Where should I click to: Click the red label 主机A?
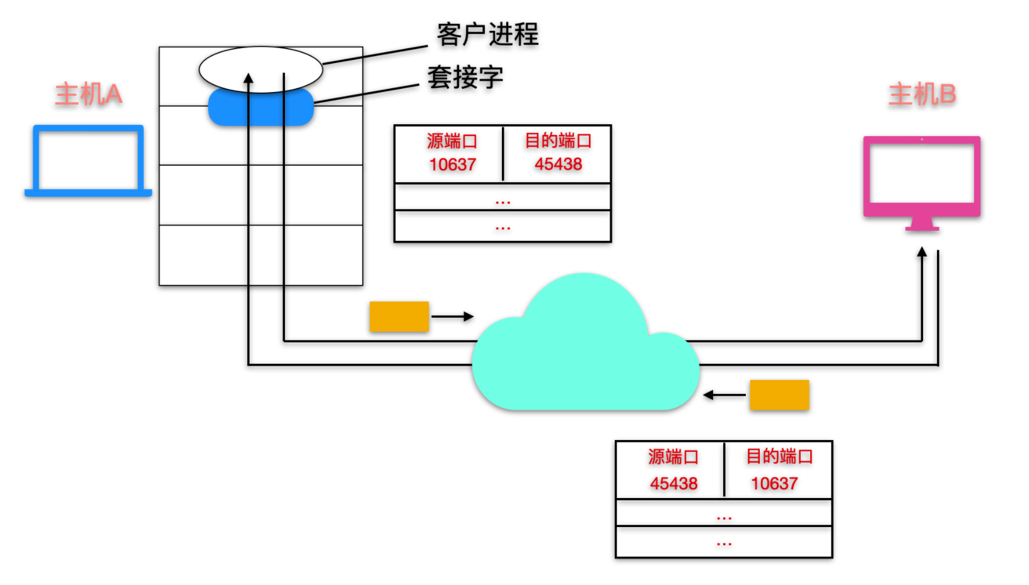coord(88,95)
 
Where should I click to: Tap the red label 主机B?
coord(922,95)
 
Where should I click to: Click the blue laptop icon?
coord(88,161)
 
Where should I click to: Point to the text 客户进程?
coord(487,35)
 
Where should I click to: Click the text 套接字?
coord(465,78)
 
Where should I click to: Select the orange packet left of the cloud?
coord(399,316)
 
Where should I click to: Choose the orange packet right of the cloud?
coord(779,395)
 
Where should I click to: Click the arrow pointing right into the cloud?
coord(453,316)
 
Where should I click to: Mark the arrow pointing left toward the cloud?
coord(724,395)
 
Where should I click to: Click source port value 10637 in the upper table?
coord(452,165)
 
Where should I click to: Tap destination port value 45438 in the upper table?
coord(558,165)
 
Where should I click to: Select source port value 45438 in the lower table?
coord(673,484)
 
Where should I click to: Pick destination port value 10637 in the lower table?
coord(774,484)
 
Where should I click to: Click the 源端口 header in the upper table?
coord(452,141)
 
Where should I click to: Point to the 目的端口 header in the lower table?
coord(779,456)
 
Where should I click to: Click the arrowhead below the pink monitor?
coord(922,252)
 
